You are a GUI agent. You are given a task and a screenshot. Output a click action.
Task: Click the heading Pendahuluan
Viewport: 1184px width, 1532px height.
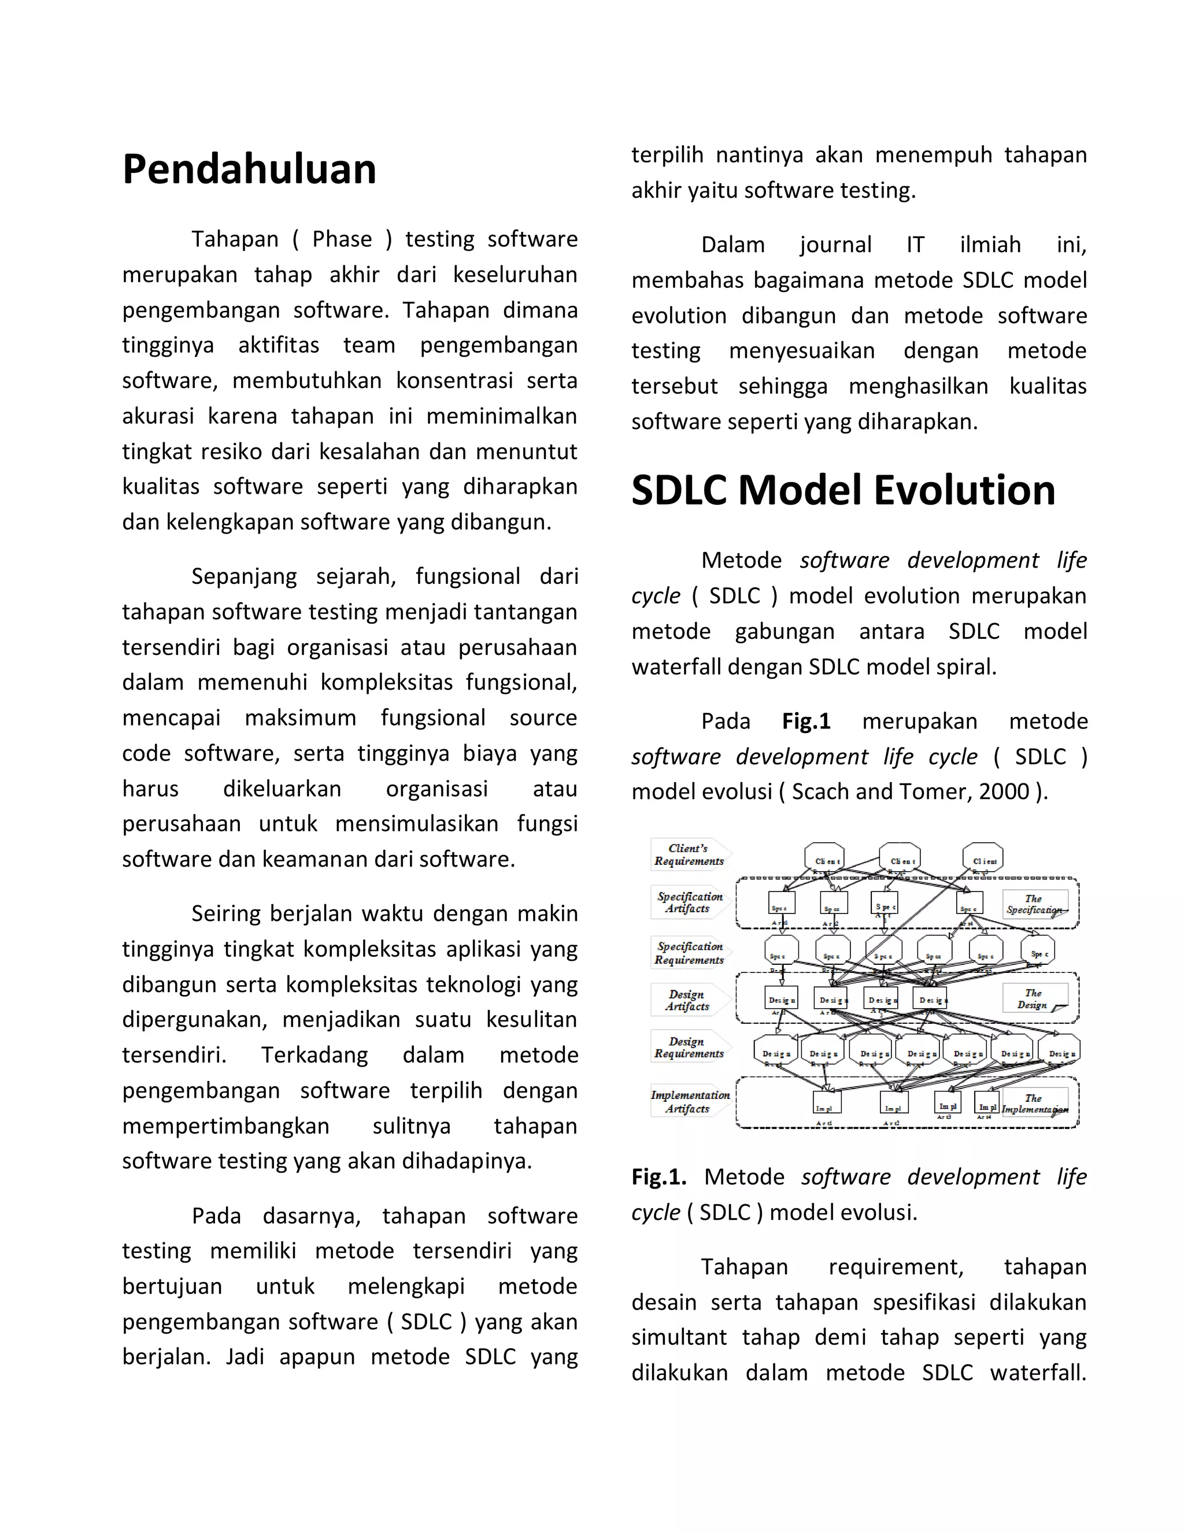pos(249,170)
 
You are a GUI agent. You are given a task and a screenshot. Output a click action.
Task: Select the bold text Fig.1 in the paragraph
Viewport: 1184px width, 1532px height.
pos(806,721)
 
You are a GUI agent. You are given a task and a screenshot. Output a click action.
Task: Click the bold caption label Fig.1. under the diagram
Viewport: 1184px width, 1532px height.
pos(658,1177)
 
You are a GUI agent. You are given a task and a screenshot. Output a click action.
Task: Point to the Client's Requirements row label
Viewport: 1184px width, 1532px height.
pos(689,854)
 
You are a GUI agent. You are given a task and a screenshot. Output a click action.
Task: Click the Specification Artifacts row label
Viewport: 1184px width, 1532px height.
pos(689,903)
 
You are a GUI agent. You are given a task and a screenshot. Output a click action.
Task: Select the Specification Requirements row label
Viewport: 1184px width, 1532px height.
pos(689,953)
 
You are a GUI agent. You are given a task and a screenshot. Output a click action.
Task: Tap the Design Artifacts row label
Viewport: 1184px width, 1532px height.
pos(687,1000)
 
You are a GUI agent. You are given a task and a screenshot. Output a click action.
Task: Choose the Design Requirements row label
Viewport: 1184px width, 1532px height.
pos(688,1048)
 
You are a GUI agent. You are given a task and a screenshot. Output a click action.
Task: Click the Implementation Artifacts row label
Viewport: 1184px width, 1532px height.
pos(690,1102)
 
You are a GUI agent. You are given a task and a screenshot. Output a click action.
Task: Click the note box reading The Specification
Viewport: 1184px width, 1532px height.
pos(1035,904)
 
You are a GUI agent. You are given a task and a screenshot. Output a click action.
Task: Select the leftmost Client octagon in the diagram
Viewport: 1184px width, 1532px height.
pos(824,858)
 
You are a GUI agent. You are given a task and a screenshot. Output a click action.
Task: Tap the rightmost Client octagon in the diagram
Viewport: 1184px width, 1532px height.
pos(983,858)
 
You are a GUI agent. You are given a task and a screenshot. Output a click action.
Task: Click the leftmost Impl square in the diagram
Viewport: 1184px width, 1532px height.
pos(827,1102)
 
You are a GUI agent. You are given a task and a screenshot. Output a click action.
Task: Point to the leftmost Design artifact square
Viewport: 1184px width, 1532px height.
pos(782,998)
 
